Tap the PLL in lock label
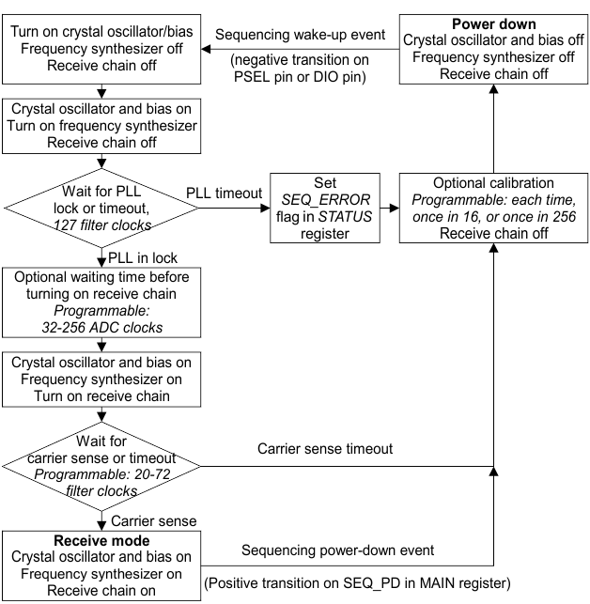pyautogui.click(x=145, y=256)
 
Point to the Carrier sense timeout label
pyautogui.click(x=326, y=450)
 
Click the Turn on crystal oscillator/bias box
pyautogui.click(x=100, y=40)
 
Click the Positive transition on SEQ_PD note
pyautogui.click(x=356, y=583)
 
